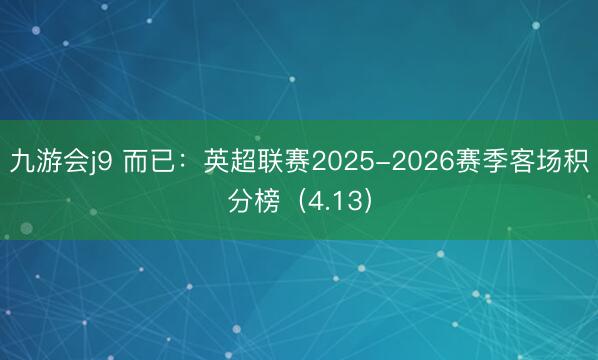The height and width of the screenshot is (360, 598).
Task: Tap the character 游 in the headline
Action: [49, 161]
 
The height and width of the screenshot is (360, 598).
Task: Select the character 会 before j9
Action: [77, 161]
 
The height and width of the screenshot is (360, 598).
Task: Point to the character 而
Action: [136, 161]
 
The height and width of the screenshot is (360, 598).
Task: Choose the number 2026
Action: [421, 161]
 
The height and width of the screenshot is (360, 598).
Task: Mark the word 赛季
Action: [477, 161]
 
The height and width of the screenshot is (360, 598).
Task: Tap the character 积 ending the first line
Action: [575, 161]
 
